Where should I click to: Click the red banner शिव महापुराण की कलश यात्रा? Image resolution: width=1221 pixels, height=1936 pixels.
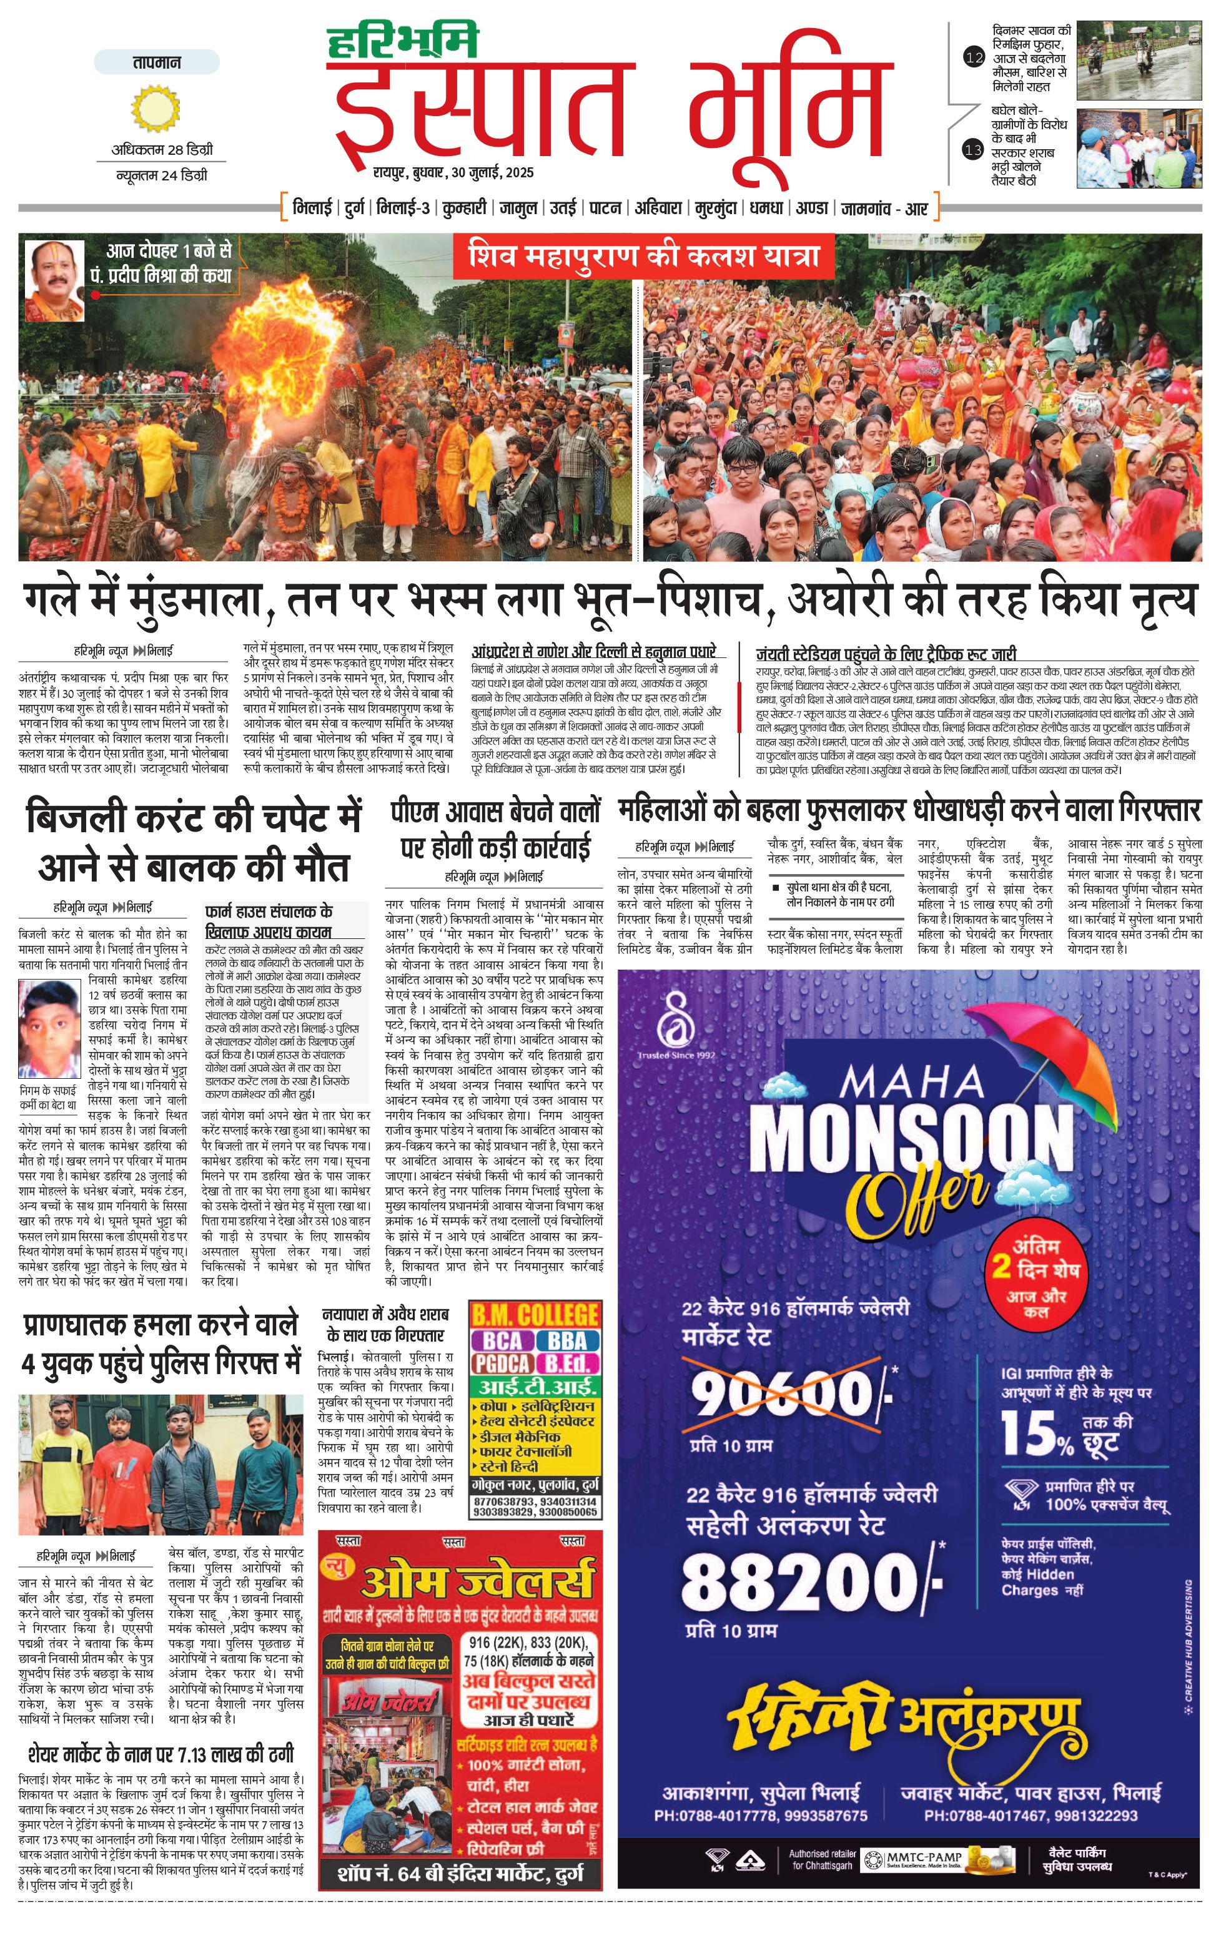pos(643,257)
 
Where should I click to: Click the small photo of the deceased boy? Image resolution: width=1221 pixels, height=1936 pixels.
pos(49,1028)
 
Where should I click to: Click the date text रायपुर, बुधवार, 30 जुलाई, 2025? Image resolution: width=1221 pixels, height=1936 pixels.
pos(453,173)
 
